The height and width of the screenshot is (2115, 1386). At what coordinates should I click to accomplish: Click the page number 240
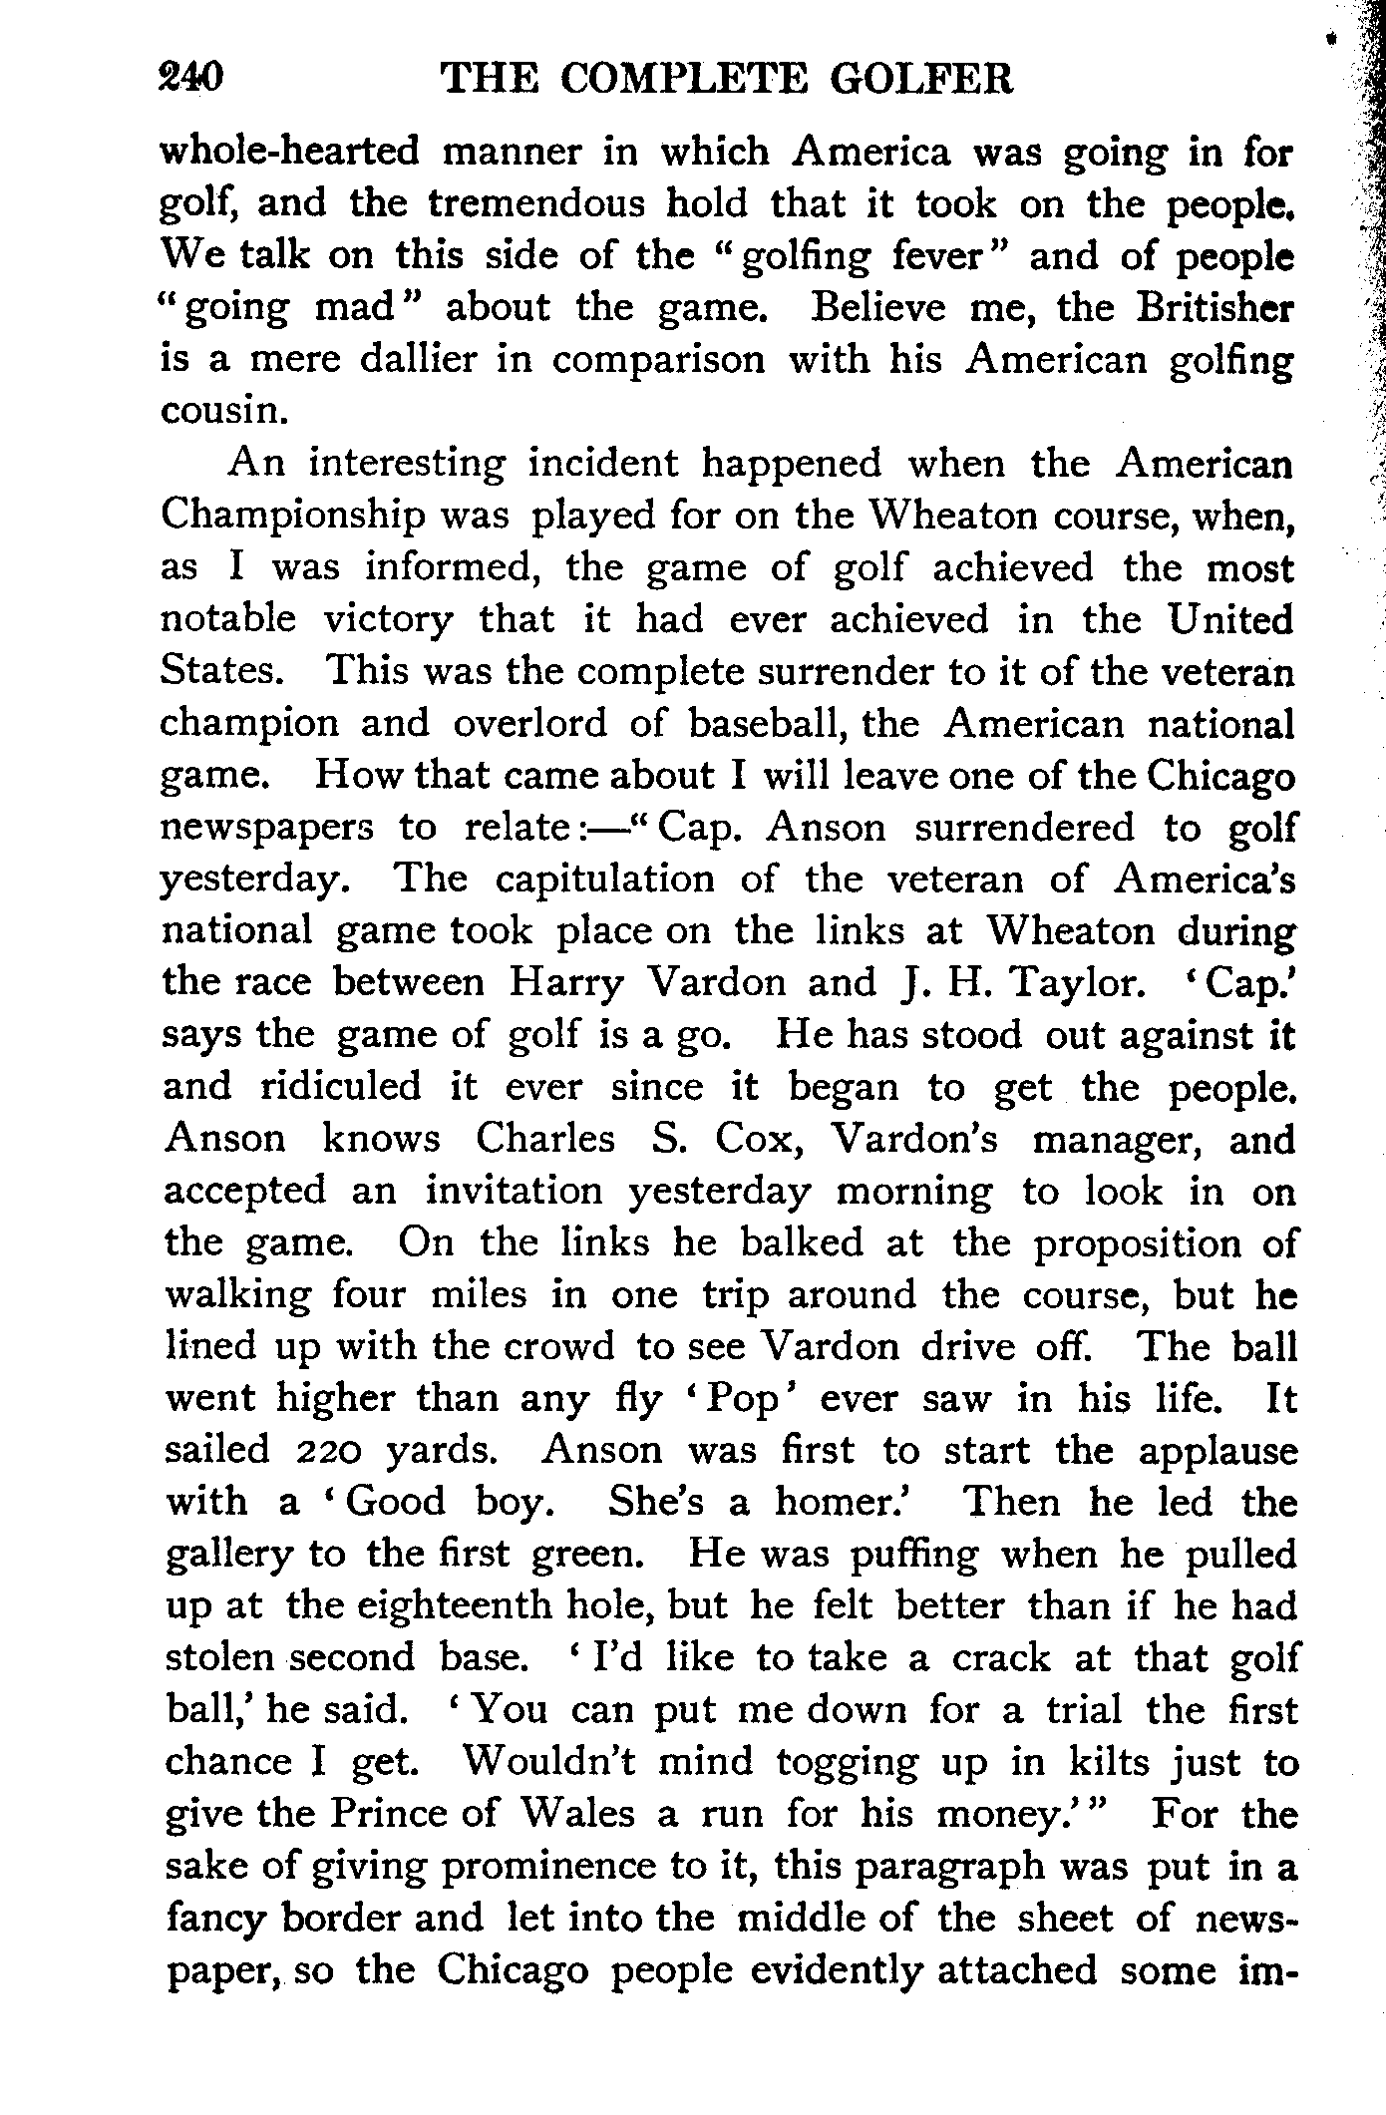tap(189, 78)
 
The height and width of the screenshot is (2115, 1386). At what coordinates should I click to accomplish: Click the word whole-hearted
tap(288, 153)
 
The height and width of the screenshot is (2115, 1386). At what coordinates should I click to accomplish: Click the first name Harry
tap(566, 982)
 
